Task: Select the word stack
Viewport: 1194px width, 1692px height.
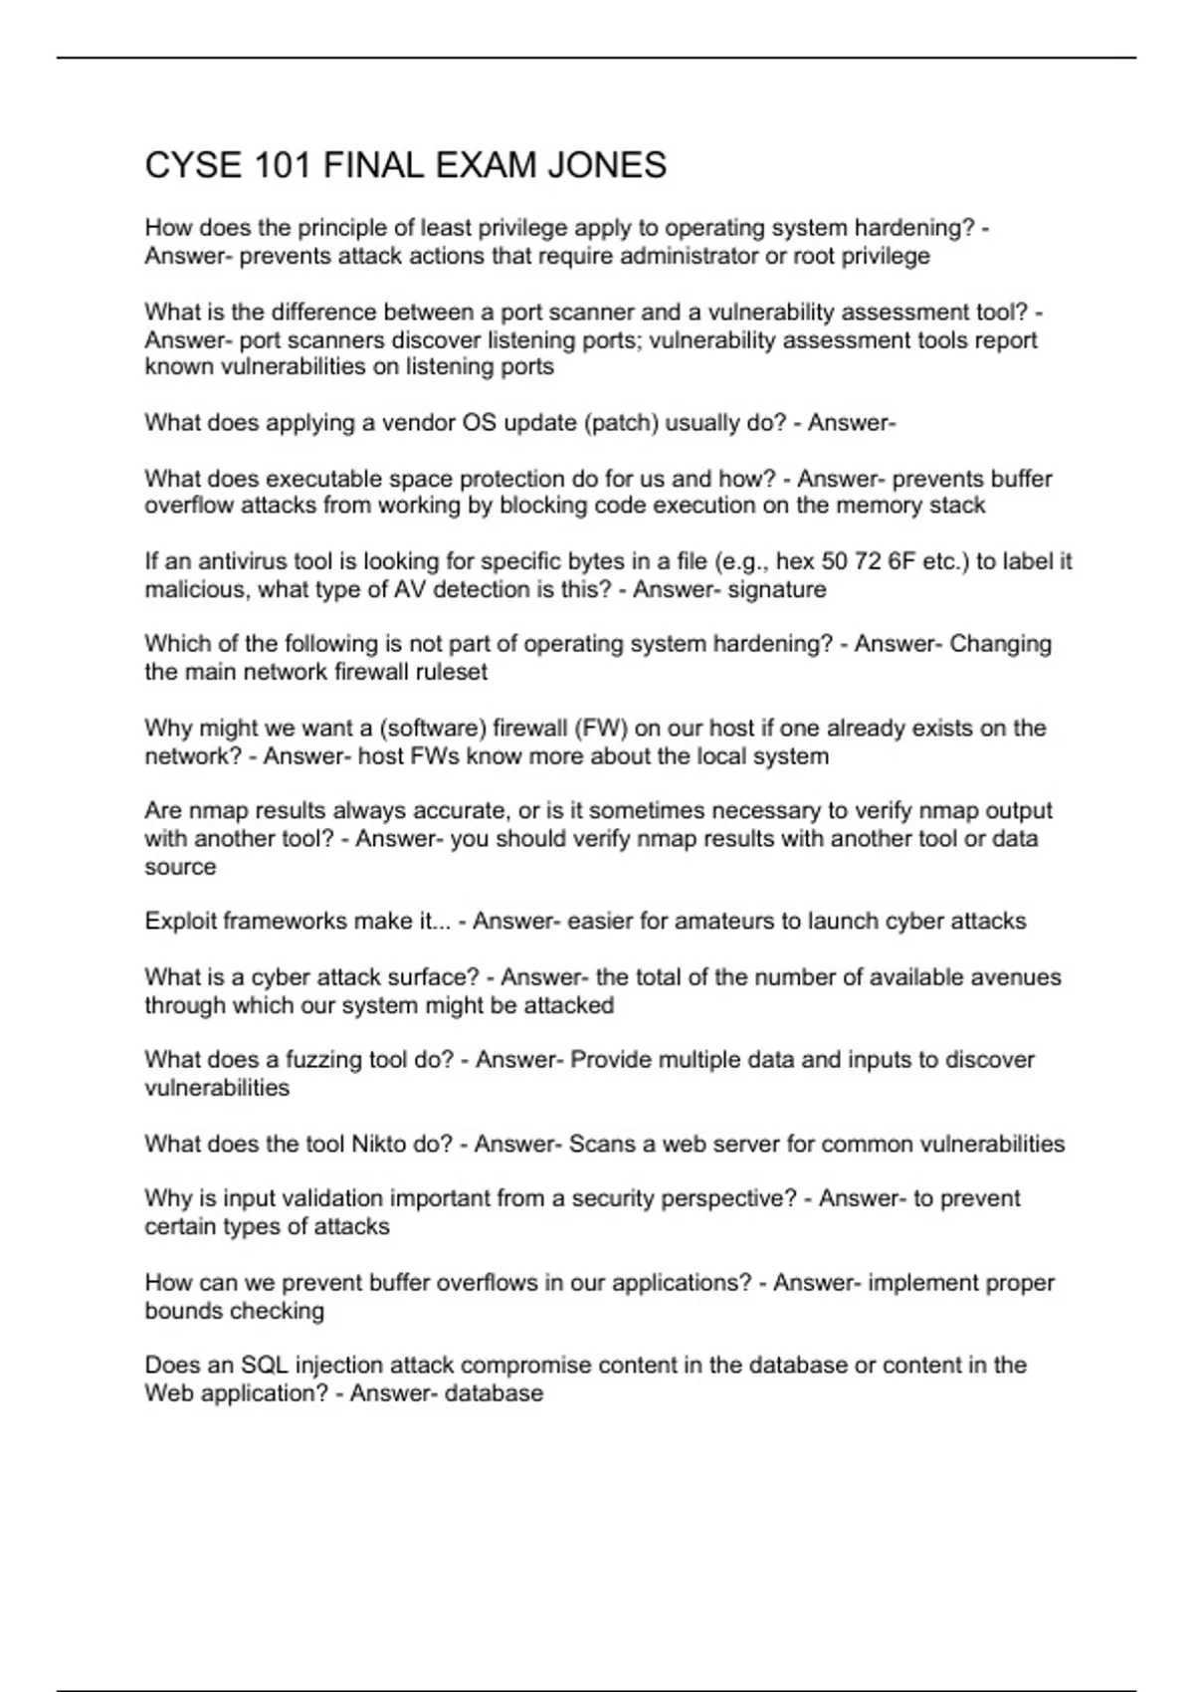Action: (957, 506)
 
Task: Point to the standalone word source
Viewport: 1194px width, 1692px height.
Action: (180, 867)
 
